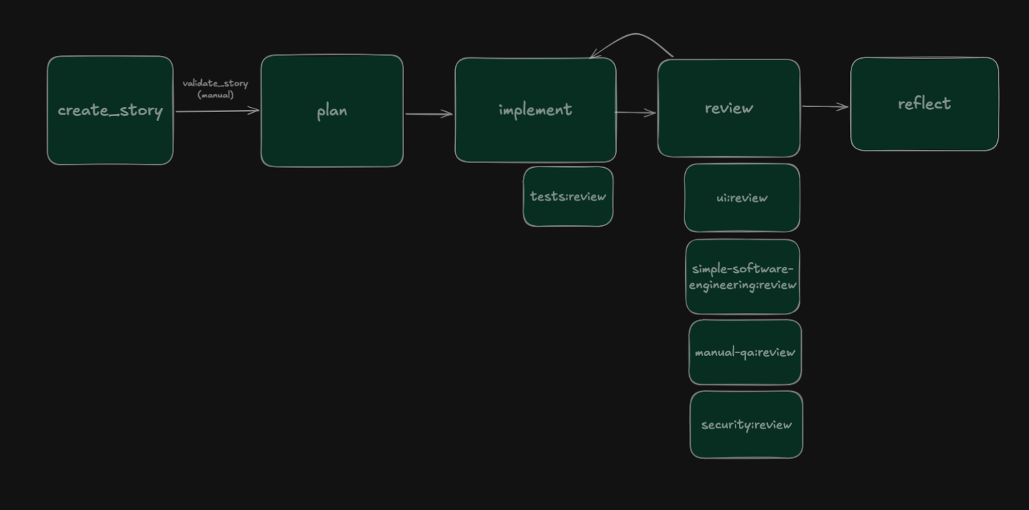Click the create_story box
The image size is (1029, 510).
coord(110,142)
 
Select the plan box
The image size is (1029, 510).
coord(331,142)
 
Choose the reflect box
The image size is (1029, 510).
coord(924,131)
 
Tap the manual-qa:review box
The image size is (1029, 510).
coord(744,370)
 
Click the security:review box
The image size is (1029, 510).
coord(746,442)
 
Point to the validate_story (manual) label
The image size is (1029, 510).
coord(215,84)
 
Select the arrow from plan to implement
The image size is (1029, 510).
coord(428,114)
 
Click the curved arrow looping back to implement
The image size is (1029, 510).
coord(635,35)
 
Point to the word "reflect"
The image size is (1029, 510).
coord(924,104)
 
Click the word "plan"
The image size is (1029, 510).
coord(331,111)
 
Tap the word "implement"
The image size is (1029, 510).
coord(535,110)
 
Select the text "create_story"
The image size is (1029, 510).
coord(110,111)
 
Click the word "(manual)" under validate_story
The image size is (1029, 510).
coord(215,95)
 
